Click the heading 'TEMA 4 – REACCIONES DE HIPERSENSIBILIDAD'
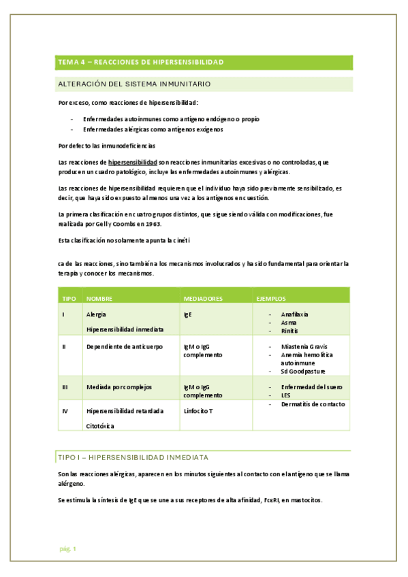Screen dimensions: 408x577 pyautogui.click(x=141, y=62)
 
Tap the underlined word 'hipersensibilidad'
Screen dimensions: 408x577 pyautogui.click(x=132, y=163)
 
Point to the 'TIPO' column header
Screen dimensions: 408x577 pyautogui.click(x=69, y=298)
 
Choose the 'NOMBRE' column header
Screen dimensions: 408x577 pyautogui.click(x=99, y=298)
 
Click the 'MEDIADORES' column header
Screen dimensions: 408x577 pyautogui.click(x=204, y=298)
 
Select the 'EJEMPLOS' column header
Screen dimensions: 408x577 pyautogui.click(x=270, y=298)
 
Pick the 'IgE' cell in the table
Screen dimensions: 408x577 pyautogui.click(x=188, y=315)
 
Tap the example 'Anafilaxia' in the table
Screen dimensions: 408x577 pyautogui.click(x=295, y=314)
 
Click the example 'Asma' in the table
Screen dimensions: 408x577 pyautogui.click(x=288, y=323)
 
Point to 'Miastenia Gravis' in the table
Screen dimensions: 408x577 pyautogui.click(x=304, y=346)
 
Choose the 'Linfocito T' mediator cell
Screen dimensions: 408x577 pyautogui.click(x=198, y=411)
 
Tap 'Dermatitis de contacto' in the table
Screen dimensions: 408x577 pyautogui.click(x=313, y=404)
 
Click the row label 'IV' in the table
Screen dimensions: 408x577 pyautogui.click(x=65, y=411)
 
